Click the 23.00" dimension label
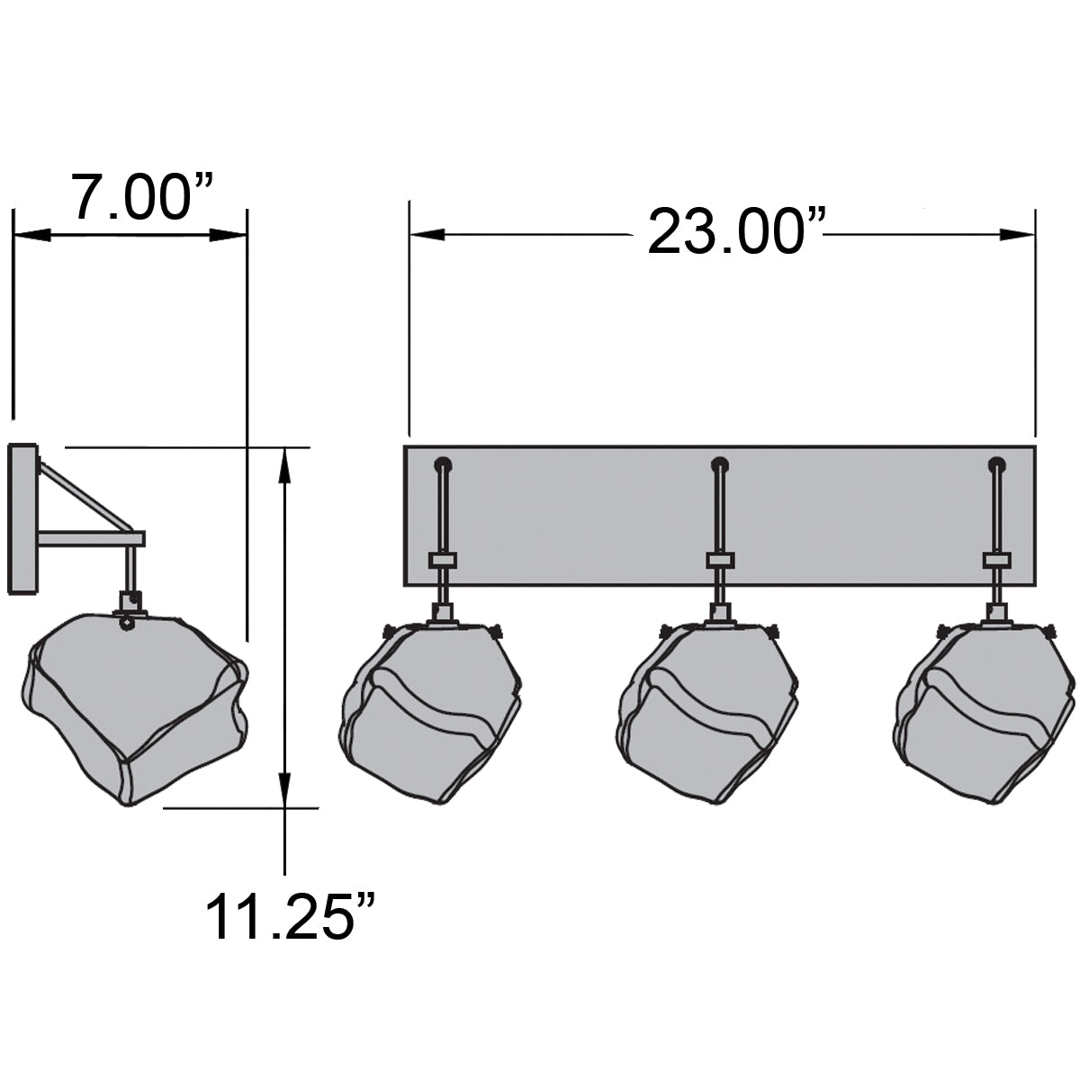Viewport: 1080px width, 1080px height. [x=724, y=231]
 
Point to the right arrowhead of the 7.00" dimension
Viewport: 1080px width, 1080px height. [x=229, y=235]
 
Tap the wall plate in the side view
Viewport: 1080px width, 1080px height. [x=22, y=519]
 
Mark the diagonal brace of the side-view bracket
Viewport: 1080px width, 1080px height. [x=86, y=496]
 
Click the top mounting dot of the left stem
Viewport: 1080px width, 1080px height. [x=442, y=465]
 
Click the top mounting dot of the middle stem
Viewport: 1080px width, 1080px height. [x=719, y=465]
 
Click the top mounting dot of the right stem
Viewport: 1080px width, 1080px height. [x=995, y=465]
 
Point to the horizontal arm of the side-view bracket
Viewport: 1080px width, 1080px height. [x=90, y=538]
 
